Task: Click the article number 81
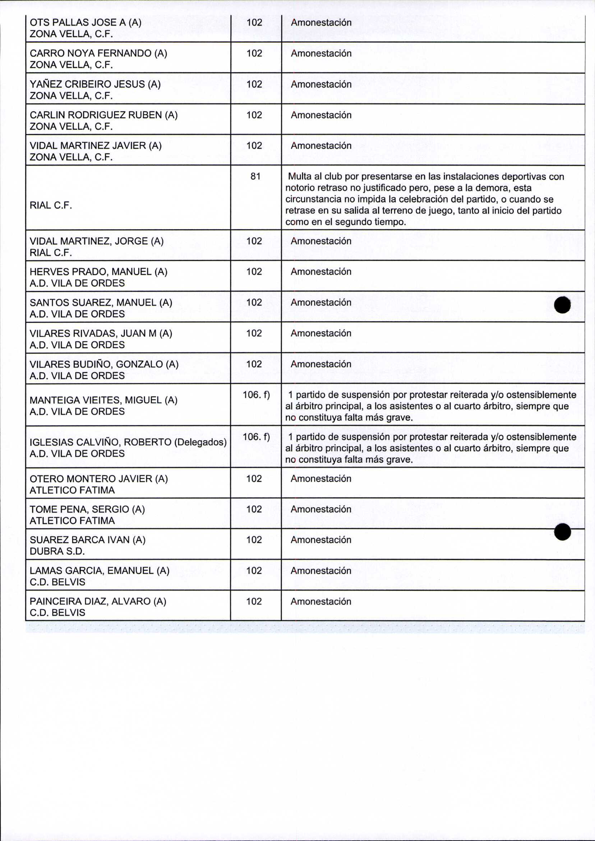click(255, 177)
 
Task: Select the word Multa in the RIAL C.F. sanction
click(300, 177)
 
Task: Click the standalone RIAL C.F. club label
click(51, 205)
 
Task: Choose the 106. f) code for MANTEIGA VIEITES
click(256, 395)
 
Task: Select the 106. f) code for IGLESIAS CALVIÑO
click(256, 437)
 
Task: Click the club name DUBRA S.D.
click(57, 551)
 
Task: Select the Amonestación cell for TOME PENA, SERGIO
click(321, 509)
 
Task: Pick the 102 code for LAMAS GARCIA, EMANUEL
click(254, 571)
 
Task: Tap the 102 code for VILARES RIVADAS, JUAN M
click(254, 333)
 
